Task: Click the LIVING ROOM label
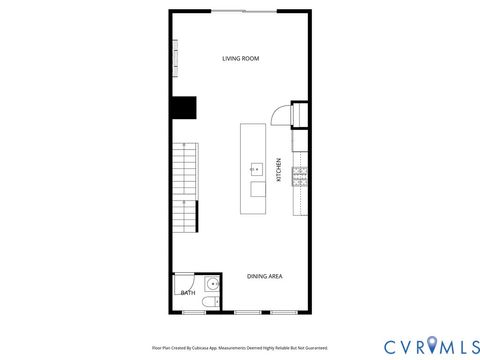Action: pos(240,59)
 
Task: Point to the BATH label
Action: pos(188,293)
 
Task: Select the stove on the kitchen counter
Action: pos(299,177)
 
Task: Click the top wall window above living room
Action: pos(245,10)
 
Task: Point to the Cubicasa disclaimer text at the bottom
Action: pos(240,347)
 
